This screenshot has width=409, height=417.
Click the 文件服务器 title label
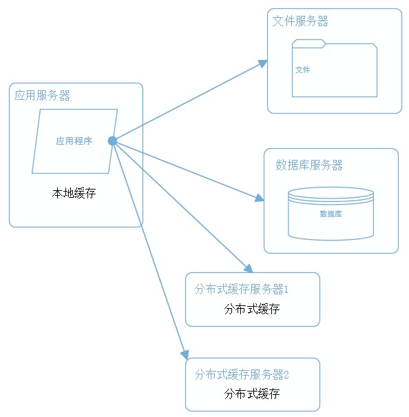[300, 21]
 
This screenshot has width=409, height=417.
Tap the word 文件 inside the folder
[303, 70]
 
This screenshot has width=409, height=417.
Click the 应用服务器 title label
[42, 96]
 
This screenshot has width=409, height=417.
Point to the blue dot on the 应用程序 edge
[112, 141]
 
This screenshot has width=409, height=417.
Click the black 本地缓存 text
[74, 193]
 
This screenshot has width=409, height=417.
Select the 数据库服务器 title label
[308, 165]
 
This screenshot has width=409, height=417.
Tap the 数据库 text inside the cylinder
[331, 214]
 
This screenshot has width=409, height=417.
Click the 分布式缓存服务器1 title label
[241, 289]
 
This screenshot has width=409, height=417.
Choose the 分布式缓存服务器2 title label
[241, 374]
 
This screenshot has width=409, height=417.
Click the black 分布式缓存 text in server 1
[252, 309]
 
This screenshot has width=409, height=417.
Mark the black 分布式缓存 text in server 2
[252, 394]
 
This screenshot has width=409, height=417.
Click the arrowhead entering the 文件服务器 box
[263, 63]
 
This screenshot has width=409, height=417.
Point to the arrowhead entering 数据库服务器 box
[260, 198]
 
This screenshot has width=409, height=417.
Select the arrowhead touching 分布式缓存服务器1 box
[249, 269]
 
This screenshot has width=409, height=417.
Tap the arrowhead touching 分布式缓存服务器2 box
[185, 355]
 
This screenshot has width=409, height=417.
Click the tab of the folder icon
[308, 43]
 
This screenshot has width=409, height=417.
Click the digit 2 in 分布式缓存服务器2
[286, 375]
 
